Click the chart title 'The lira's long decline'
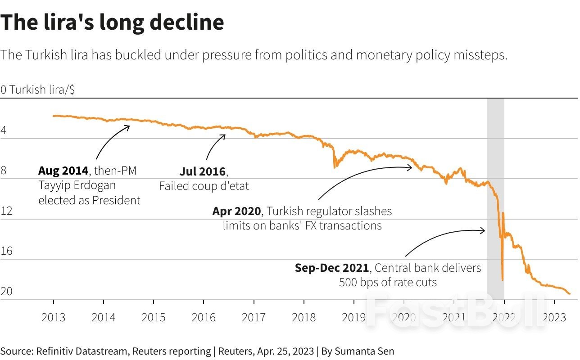tap(112, 22)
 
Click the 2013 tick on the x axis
tap(54, 317)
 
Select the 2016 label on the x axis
tap(204, 317)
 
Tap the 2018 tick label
tap(304, 317)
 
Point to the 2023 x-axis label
tap(554, 317)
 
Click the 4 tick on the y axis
tap(4, 131)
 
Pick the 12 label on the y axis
tap(6, 211)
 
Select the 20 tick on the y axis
tap(6, 292)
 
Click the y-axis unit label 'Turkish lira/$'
tap(42, 90)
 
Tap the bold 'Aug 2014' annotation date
tap(63, 171)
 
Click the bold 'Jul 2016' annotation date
tap(203, 171)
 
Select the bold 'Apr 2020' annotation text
tap(236, 211)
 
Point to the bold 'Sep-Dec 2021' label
tap(332, 268)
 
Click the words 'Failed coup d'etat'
tap(204, 186)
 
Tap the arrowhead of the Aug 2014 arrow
tap(129, 126)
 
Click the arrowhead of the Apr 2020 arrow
tap(411, 167)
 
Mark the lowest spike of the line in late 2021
tap(502, 279)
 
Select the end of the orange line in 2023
tap(569, 294)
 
